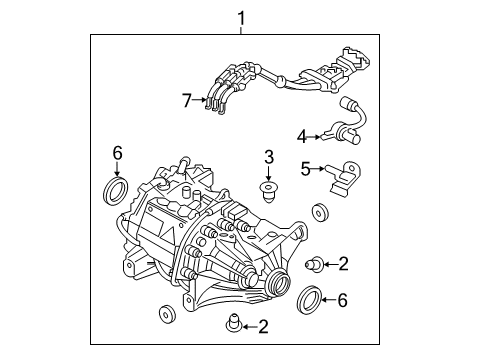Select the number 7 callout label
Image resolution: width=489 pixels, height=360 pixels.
pyautogui.click(x=185, y=99)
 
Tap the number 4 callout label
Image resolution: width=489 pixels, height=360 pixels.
pyautogui.click(x=301, y=135)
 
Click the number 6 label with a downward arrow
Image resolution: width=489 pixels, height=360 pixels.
pyautogui.click(x=117, y=153)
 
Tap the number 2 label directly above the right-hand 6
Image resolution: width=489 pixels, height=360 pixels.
pyautogui.click(x=343, y=264)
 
